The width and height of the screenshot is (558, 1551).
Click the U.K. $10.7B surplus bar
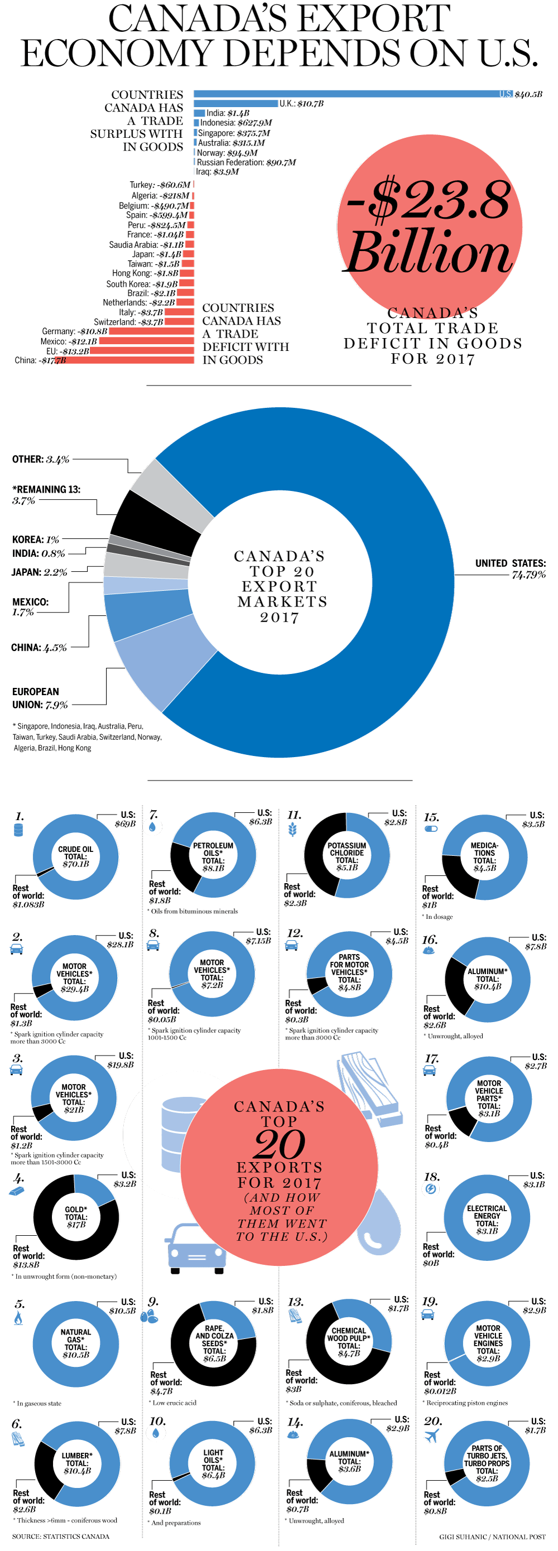235,104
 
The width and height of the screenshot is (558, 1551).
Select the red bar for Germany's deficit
151,331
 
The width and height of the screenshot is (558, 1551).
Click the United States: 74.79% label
510,569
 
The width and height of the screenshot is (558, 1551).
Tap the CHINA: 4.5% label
39,648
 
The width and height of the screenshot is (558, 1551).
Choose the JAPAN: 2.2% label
39,572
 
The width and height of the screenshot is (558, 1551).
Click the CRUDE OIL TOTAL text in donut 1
76,856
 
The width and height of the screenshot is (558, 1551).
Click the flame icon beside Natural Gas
18,1318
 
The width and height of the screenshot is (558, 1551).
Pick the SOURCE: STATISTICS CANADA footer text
61,1536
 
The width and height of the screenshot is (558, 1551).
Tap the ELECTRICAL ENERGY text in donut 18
487,1216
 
